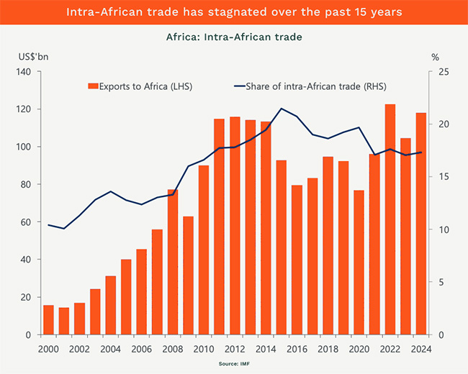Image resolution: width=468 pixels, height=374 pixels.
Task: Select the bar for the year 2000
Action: pyautogui.click(x=48, y=320)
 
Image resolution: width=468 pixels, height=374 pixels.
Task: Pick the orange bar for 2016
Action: pyautogui.click(x=297, y=260)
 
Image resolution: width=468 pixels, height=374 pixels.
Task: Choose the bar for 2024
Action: pyautogui.click(x=421, y=224)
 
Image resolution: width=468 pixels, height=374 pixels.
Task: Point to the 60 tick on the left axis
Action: pyautogui.click(x=24, y=222)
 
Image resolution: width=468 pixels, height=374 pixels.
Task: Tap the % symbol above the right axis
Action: pyautogui.click(x=435, y=56)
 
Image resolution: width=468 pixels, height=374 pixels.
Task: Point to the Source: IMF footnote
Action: pyautogui.click(x=234, y=365)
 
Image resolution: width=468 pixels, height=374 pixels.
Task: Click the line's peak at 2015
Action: pyautogui.click(x=281, y=109)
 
